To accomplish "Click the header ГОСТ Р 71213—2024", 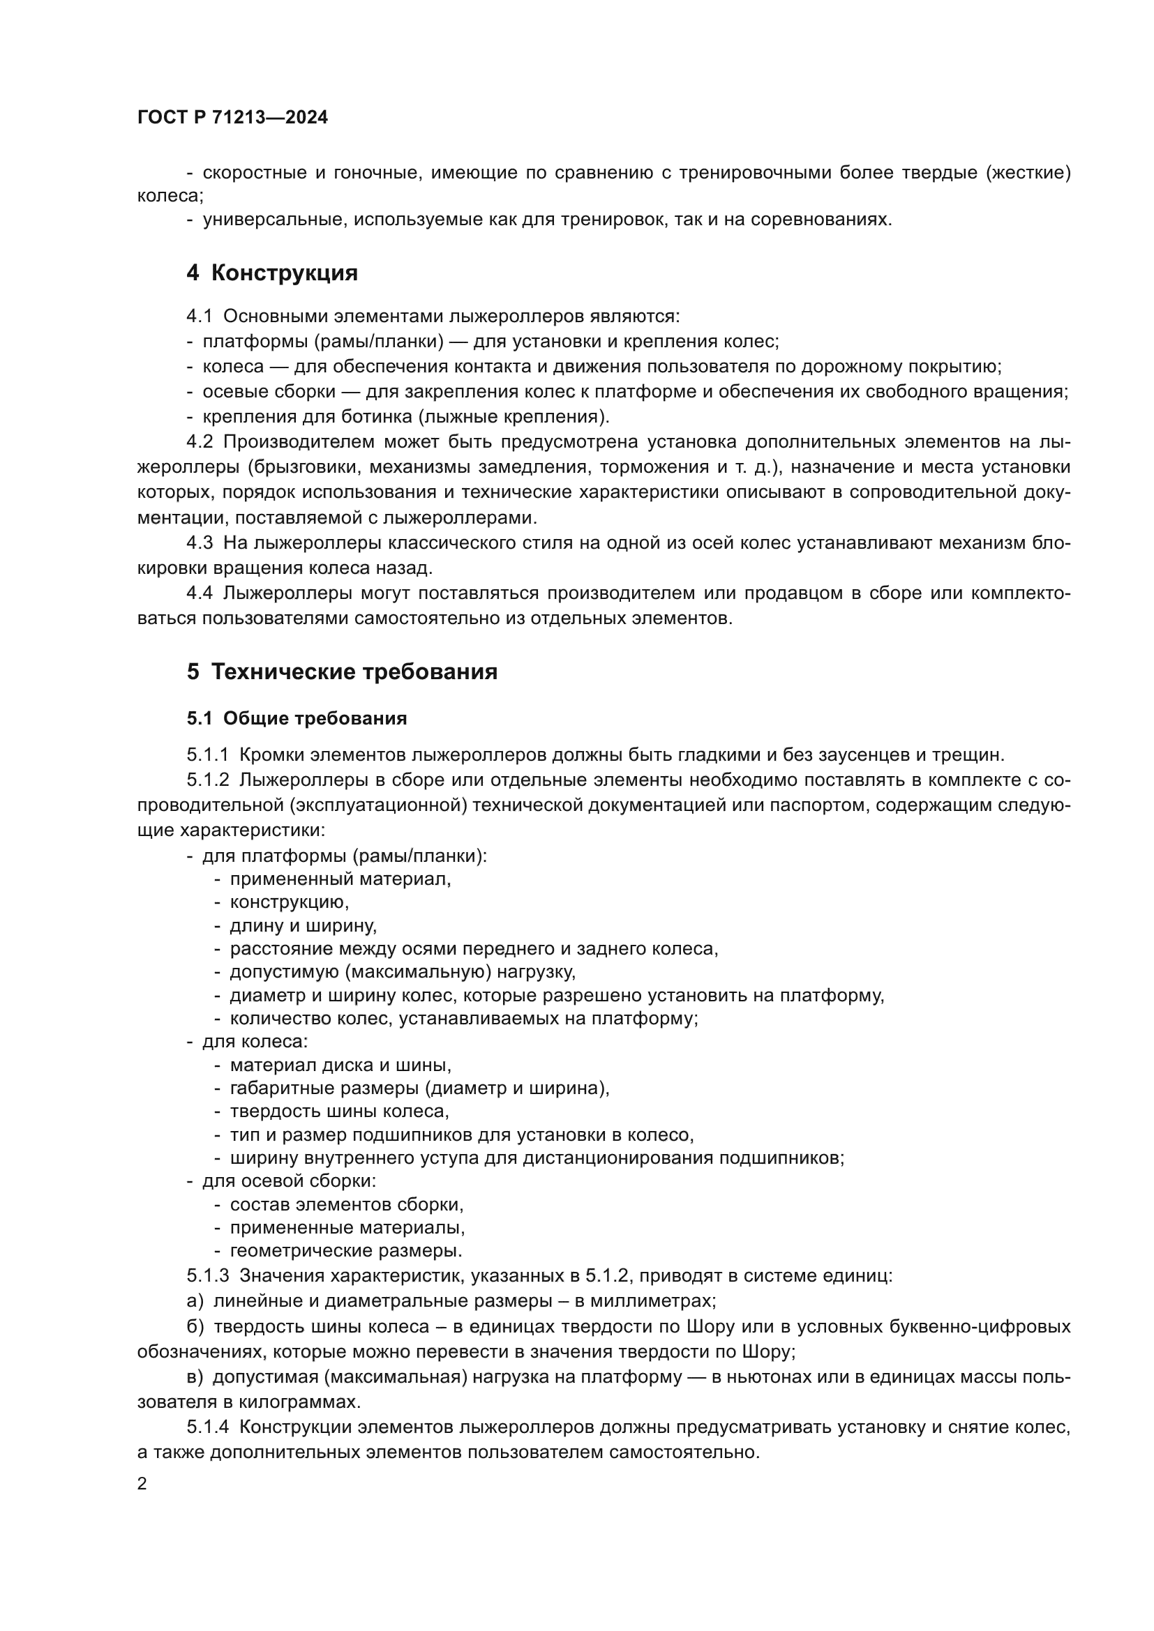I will click(232, 118).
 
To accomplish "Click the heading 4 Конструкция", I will click(272, 273).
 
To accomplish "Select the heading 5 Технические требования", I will click(342, 672).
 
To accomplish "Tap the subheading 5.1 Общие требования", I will click(297, 718).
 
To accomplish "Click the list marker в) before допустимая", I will click(195, 1376).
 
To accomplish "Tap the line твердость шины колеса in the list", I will click(339, 1110).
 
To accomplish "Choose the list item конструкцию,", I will click(290, 902).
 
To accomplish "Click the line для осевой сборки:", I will click(290, 1181).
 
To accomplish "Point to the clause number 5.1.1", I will click(207, 754).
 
